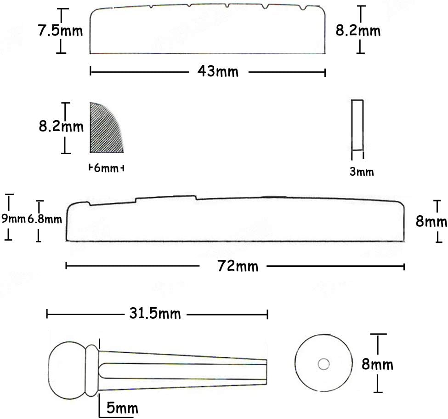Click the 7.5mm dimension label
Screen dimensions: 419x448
coord(60,31)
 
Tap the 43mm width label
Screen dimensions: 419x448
coord(212,71)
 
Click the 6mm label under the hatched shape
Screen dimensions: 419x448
coord(106,168)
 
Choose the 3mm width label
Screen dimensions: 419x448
coord(362,172)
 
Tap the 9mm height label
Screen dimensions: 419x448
coord(13,219)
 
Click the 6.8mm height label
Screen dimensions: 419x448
coord(45,219)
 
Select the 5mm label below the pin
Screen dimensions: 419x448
coord(122,408)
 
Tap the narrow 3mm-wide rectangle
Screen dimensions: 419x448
coord(357,125)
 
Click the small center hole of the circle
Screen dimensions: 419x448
coord(323,364)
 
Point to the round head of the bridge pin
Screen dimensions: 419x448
coord(67,370)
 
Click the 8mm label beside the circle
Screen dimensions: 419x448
coord(377,365)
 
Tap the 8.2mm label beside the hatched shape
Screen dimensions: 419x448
coord(61,126)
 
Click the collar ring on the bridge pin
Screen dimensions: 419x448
coord(91,370)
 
